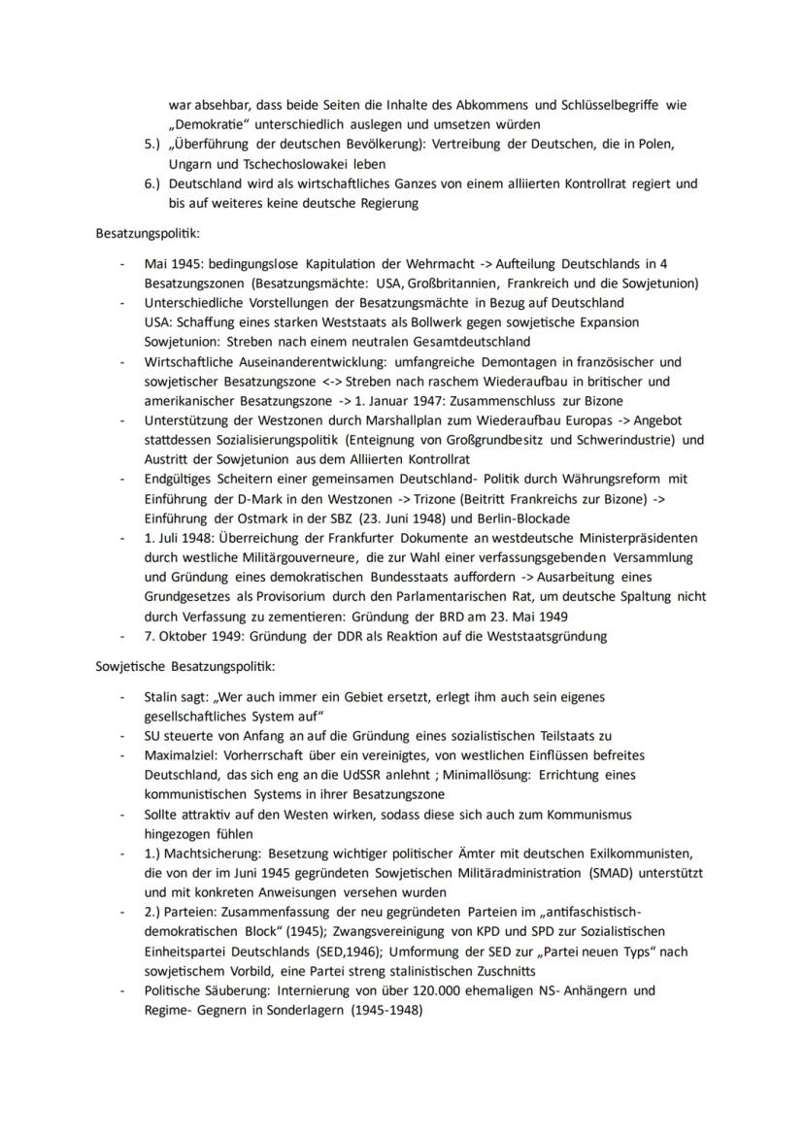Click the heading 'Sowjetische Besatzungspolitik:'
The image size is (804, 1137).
point(185,666)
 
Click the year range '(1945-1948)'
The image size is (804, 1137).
point(385,1010)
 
